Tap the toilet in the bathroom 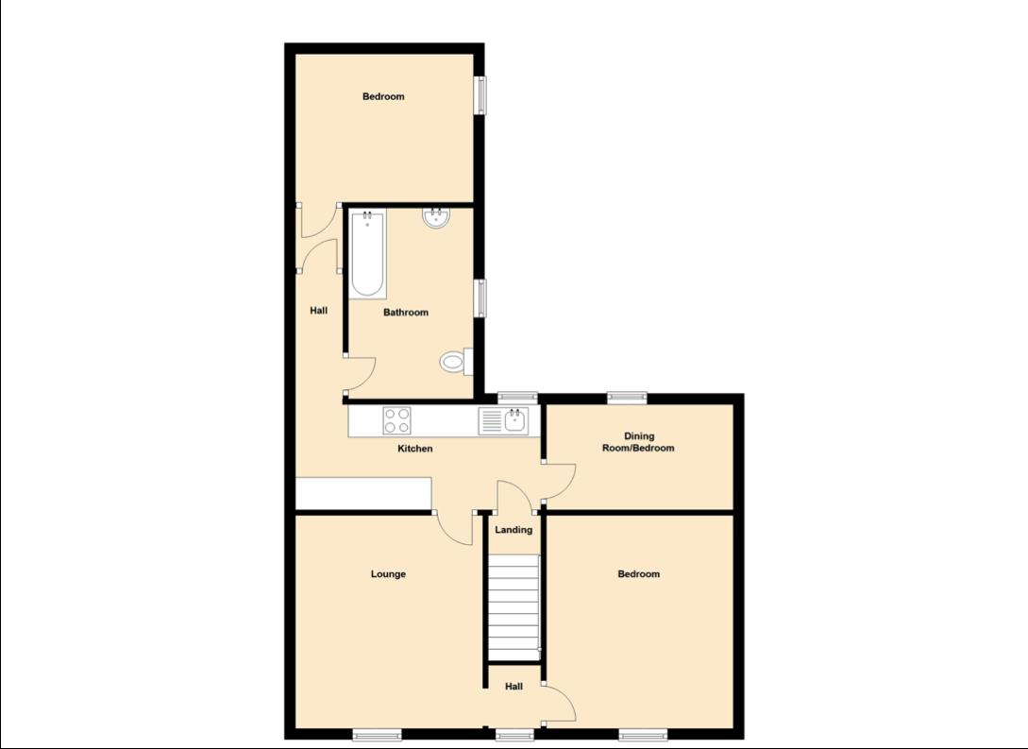pyautogui.click(x=455, y=360)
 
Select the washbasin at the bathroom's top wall pyautogui.click(x=436, y=219)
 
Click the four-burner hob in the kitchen pyautogui.click(x=396, y=419)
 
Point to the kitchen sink pyautogui.click(x=515, y=420)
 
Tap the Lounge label pyautogui.click(x=388, y=573)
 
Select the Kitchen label pyautogui.click(x=414, y=449)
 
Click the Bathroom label pyautogui.click(x=406, y=313)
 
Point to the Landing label pyautogui.click(x=514, y=530)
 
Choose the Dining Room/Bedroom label pyautogui.click(x=638, y=442)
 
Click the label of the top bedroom pyautogui.click(x=383, y=96)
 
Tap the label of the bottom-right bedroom pyautogui.click(x=638, y=573)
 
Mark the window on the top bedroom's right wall pyautogui.click(x=480, y=95)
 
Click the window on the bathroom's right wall pyautogui.click(x=480, y=298)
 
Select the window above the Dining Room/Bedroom pyautogui.click(x=626, y=398)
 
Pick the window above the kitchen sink pyautogui.click(x=517, y=398)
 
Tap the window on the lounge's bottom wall pyautogui.click(x=377, y=734)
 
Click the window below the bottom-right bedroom pyautogui.click(x=644, y=734)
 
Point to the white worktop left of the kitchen pyautogui.click(x=363, y=492)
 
